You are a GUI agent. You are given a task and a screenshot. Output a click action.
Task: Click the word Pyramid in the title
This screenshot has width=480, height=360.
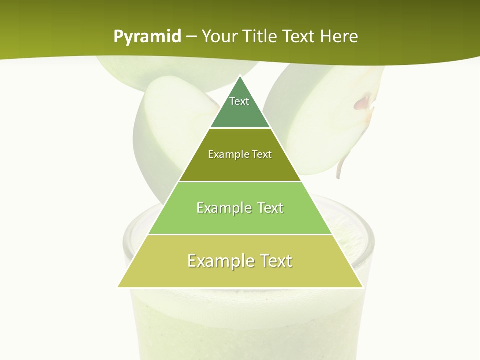pyautogui.click(x=147, y=37)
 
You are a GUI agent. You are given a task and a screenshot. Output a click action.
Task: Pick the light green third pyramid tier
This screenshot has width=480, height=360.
pyautogui.click(x=240, y=220)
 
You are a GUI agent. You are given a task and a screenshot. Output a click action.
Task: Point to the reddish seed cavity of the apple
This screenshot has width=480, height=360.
pyautogui.click(x=363, y=103)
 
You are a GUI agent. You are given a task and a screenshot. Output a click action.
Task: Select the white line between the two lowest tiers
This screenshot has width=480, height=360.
pyautogui.click(x=240, y=234)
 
